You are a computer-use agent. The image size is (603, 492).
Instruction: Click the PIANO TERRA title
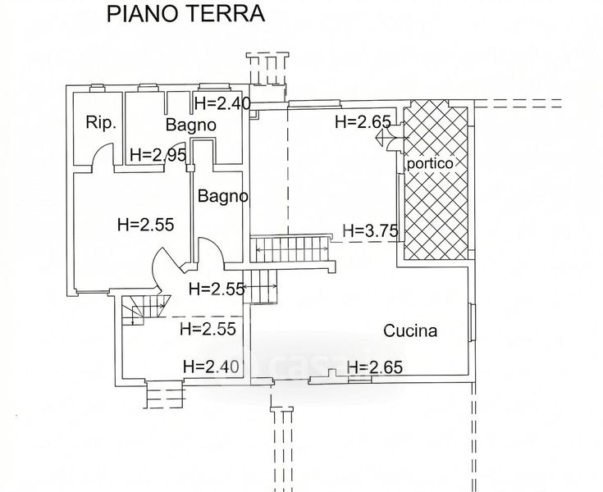185,14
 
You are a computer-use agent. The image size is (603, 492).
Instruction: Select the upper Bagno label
190,125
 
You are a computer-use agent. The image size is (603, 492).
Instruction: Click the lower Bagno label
222,197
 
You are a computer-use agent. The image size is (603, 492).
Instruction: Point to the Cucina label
410,331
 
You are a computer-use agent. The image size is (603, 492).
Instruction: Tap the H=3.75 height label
370,231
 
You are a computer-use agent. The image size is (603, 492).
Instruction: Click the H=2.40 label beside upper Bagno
222,103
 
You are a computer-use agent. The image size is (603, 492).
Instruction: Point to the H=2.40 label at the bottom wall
210,367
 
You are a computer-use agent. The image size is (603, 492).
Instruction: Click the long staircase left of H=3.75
291,247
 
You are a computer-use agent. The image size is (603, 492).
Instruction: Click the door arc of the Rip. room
101,155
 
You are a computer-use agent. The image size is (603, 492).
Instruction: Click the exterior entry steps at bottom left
164,395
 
